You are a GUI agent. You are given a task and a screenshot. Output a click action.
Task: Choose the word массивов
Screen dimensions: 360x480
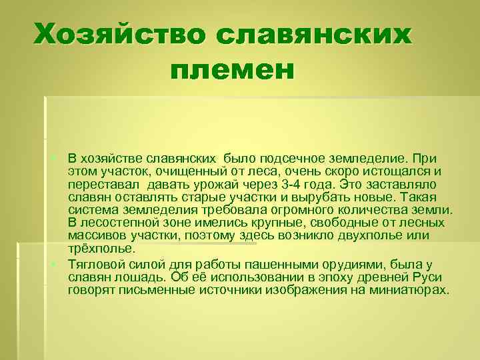click(x=95, y=236)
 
